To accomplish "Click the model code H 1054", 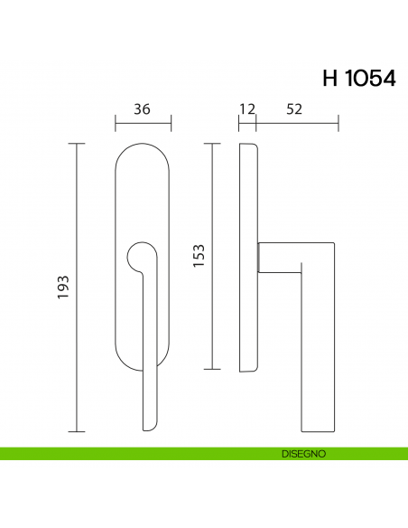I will pyautogui.click(x=358, y=78).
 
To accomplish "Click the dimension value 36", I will pyautogui.click(x=142, y=109).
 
